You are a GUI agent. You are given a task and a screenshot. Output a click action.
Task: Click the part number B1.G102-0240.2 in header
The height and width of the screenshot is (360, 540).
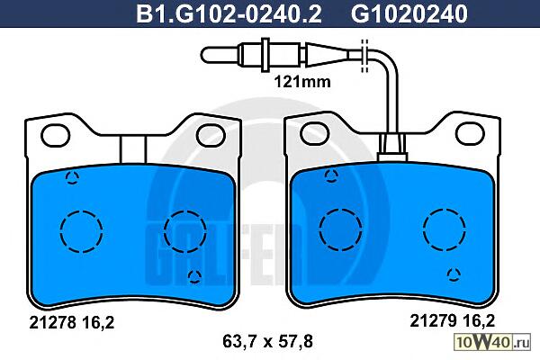click(229, 13)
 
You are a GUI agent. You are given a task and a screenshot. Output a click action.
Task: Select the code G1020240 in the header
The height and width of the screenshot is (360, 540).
click(409, 13)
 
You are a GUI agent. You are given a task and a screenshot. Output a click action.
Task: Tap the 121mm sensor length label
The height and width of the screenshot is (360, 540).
click(302, 82)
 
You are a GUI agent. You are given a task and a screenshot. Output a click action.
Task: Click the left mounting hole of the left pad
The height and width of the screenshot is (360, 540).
click(56, 135)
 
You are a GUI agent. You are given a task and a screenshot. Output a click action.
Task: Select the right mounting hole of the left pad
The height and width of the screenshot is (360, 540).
click(211, 135)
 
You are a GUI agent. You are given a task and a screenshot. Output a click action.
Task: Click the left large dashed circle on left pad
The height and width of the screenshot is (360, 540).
click(81, 231)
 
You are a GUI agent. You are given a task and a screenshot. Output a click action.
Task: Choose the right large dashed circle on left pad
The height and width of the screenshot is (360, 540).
click(185, 231)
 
